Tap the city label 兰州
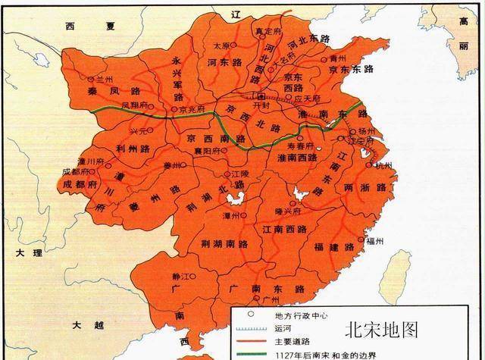104,79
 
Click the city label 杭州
384,165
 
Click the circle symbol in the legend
250,315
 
